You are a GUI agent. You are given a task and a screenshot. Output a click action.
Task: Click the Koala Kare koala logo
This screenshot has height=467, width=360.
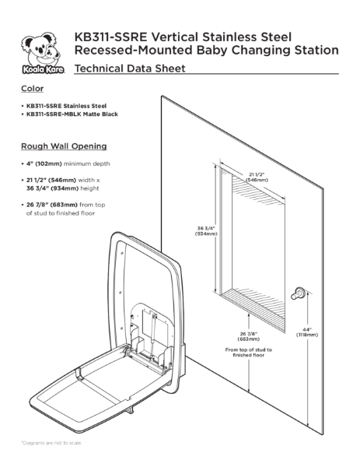tap(38, 54)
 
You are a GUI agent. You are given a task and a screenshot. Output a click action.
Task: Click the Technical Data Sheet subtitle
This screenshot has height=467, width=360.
tap(129, 69)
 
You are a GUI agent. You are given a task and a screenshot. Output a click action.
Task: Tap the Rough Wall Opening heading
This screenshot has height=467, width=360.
tap(64, 146)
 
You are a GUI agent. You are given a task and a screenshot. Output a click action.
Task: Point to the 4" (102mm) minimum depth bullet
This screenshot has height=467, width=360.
tap(68, 164)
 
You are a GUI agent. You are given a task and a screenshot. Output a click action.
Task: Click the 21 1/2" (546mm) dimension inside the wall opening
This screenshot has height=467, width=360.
tap(256, 176)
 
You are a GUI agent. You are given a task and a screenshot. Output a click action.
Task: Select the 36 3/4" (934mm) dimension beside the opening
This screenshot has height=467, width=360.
tap(205, 230)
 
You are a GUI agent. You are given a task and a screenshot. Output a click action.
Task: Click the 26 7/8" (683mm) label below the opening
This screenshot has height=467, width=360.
tap(247, 336)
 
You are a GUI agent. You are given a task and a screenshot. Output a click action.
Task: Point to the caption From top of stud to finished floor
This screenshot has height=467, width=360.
tap(248, 353)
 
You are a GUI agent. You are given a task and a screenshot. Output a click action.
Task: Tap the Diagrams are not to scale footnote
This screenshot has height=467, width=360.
tap(51, 443)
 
